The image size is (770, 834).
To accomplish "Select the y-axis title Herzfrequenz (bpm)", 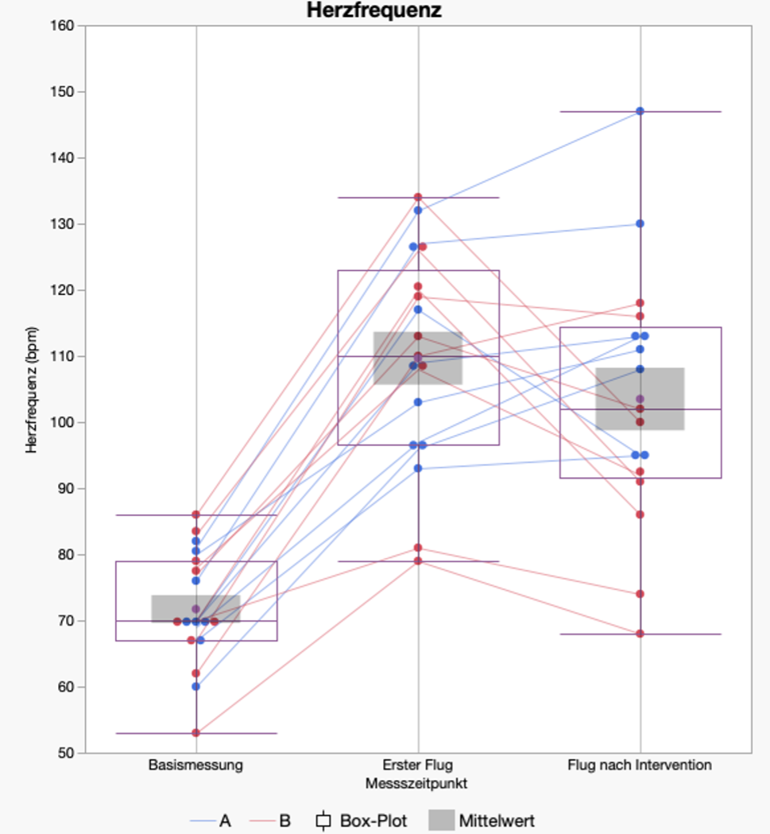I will pos(32,390).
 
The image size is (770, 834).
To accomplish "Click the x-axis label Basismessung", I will pos(195,766).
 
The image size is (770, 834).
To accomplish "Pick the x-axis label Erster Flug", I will pos(418,766).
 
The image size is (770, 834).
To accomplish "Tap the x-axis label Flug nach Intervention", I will pos(640,766).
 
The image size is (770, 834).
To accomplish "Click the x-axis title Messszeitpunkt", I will pos(416,783).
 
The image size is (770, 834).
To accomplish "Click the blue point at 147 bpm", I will pos(640,111).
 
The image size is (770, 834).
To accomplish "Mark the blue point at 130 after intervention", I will pos(640,223).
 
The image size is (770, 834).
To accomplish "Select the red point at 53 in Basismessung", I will pos(196,732).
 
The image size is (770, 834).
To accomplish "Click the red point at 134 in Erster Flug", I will pos(418,197).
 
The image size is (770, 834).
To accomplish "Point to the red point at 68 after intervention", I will pos(640,634).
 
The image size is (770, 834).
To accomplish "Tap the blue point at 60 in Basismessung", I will pos(196,686).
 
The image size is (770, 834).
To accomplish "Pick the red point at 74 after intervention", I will pos(640,594).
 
